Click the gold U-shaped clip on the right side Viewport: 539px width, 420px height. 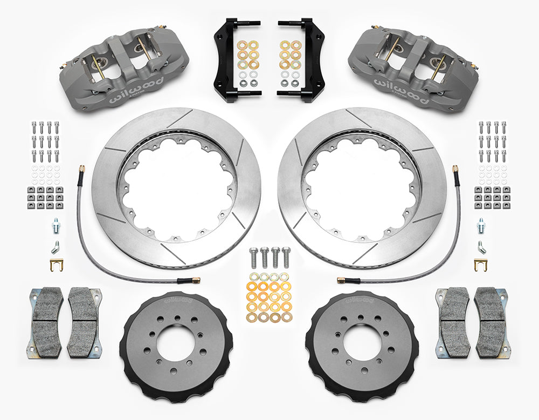(481, 265)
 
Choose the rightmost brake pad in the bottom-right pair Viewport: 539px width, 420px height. (492, 322)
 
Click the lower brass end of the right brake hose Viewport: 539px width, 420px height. (342, 280)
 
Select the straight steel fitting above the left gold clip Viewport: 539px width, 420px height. (56, 223)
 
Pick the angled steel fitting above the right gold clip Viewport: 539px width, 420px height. (481, 246)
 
